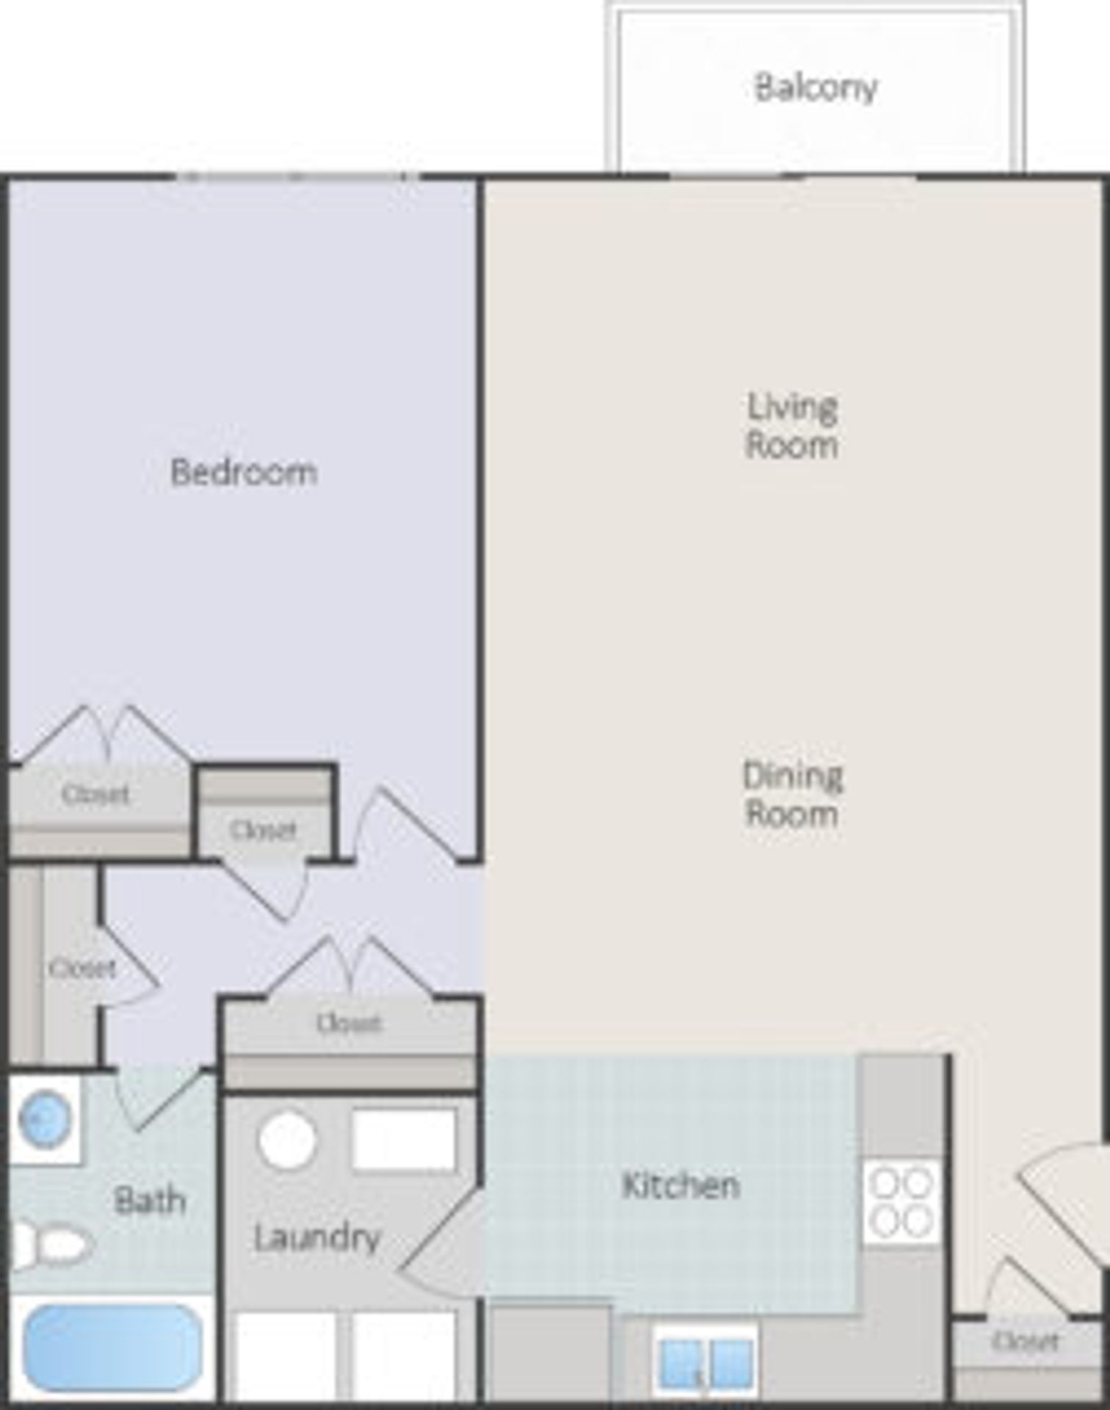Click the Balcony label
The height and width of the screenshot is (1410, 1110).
pyautogui.click(x=816, y=87)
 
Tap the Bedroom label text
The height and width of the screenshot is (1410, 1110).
pyautogui.click(x=244, y=472)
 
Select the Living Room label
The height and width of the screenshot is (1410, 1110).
pyautogui.click(x=791, y=426)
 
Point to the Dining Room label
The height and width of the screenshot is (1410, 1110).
pyautogui.click(x=791, y=795)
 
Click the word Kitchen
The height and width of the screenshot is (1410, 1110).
pyautogui.click(x=680, y=1185)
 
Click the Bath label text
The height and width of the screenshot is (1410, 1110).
pyautogui.click(x=150, y=1201)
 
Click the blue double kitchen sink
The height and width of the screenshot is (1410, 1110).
pyautogui.click(x=705, y=1364)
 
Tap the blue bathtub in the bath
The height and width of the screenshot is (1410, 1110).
pyautogui.click(x=112, y=1348)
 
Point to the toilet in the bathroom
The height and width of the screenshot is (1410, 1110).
pyautogui.click(x=55, y=1245)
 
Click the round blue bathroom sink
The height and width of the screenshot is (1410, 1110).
pyautogui.click(x=44, y=1119)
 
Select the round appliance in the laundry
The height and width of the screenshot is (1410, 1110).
pyautogui.click(x=287, y=1140)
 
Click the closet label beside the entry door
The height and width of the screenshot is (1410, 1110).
pyautogui.click(x=1026, y=1342)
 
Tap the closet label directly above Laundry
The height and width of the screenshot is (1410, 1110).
pyautogui.click(x=349, y=1023)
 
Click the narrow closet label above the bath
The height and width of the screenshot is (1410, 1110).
pyautogui.click(x=82, y=969)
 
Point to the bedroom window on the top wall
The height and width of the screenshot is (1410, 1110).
pyautogui.click(x=297, y=177)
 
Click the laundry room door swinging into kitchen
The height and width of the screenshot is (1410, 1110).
pyautogui.click(x=440, y=1241)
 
